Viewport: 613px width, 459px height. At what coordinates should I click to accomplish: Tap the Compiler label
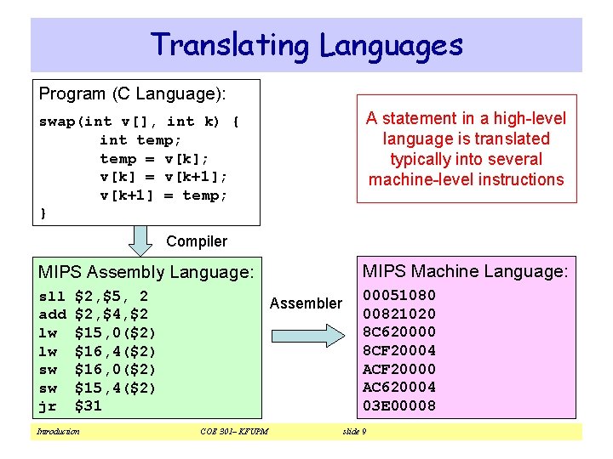pos(197,241)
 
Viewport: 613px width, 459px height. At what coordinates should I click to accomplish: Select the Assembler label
pos(306,303)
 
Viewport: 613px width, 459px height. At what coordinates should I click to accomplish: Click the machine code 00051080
pos(399,296)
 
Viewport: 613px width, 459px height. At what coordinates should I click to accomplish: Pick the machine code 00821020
pos(399,314)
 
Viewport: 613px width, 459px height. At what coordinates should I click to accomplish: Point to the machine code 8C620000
pos(399,332)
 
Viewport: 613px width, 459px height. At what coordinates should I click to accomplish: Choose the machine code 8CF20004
pos(399,350)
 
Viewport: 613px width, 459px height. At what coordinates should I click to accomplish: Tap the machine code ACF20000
pos(399,369)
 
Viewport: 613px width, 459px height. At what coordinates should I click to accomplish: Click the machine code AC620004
pos(399,387)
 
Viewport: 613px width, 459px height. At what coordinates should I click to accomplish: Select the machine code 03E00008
pos(399,405)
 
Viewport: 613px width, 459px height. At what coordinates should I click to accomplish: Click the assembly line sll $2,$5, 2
pos(94,297)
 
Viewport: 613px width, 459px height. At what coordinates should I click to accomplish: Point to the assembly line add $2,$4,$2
pos(94,314)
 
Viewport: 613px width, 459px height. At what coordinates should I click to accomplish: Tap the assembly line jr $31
pos(71,406)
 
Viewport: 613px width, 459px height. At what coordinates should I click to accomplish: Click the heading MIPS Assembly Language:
pos(146,273)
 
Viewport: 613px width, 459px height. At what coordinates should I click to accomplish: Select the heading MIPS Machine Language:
pos(465,272)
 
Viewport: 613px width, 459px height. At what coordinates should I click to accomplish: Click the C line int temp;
pos(140,140)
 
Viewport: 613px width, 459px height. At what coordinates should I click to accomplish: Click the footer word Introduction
pos(58,432)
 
